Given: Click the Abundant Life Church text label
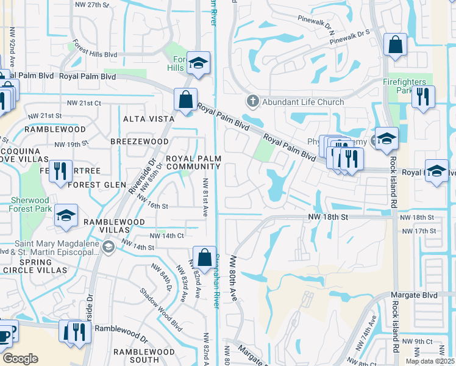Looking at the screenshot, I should pos(304,102).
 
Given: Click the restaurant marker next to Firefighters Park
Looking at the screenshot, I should pos(422,96).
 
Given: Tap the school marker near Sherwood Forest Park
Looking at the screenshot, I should pos(66,215).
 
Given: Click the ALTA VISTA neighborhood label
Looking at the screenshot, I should pos(144,119).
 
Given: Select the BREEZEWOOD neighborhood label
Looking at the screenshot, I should pos(139,142).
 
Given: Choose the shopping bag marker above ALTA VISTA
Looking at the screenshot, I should pos(185,99).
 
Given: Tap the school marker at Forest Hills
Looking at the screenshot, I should pos(198,62).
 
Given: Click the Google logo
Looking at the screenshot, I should pos(20,359).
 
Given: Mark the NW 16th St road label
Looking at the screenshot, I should pos(152,206).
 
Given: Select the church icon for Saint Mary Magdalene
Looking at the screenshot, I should pos(108,247).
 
